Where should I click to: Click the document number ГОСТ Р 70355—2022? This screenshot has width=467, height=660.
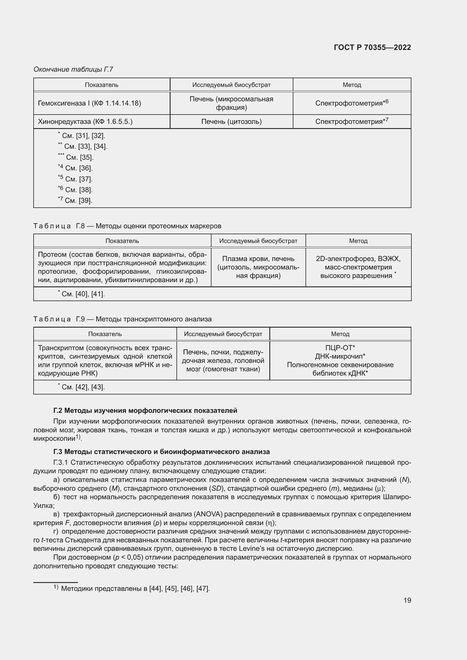(x=372, y=47)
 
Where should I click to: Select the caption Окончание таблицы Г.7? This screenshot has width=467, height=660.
(x=73, y=69)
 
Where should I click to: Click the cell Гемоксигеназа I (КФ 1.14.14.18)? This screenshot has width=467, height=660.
(x=90, y=103)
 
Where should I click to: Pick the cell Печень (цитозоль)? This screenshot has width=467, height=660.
(x=231, y=122)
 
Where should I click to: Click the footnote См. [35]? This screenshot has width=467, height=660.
(x=76, y=157)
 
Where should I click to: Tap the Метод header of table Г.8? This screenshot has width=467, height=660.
(x=358, y=241)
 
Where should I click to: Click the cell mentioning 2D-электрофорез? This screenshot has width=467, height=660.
(x=358, y=267)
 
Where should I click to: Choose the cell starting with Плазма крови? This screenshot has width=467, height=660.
(x=258, y=267)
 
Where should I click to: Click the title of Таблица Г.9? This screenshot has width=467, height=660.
(x=122, y=319)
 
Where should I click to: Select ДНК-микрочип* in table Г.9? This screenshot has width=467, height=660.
(x=340, y=356)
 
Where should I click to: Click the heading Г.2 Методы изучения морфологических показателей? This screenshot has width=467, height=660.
(x=145, y=411)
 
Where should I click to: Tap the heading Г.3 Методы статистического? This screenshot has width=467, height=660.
(x=161, y=451)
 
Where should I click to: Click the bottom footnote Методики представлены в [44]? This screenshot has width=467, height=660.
(x=135, y=588)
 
